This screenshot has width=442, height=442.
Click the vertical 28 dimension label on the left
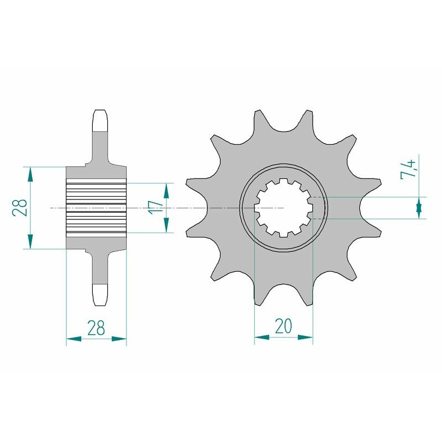20,208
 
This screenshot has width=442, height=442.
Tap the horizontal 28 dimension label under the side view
96,328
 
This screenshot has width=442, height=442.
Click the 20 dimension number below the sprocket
283,327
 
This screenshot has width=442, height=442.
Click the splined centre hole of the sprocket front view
283,208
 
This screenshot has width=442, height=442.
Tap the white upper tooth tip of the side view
100,120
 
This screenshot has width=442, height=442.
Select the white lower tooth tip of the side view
100,295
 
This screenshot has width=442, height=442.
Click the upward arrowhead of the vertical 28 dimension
30,174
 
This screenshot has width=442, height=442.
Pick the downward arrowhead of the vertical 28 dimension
30,241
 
